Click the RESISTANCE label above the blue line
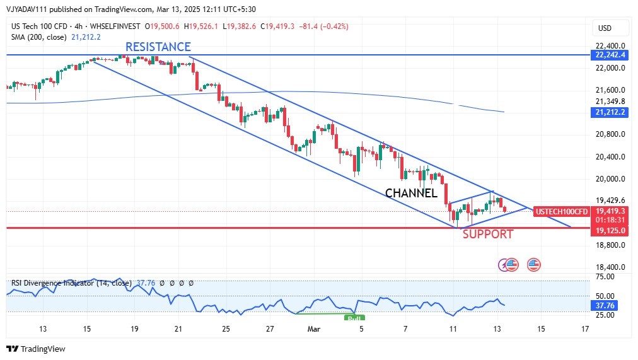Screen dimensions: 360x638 (158, 47)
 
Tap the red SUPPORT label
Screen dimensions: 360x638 (488, 235)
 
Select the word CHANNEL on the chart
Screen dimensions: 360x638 (411, 193)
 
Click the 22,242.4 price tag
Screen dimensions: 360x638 (610, 55)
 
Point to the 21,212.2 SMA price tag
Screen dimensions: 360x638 (610, 112)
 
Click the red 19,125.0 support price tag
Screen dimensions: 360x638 (610, 230)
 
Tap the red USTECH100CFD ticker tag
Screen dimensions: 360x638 (562, 211)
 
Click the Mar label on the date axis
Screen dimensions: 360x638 (314, 328)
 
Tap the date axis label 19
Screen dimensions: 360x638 (134, 328)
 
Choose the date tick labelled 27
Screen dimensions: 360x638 (270, 328)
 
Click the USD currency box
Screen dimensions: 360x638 (605, 28)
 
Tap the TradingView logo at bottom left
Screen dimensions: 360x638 (36, 349)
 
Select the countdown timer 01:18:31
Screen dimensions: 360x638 (610, 220)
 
